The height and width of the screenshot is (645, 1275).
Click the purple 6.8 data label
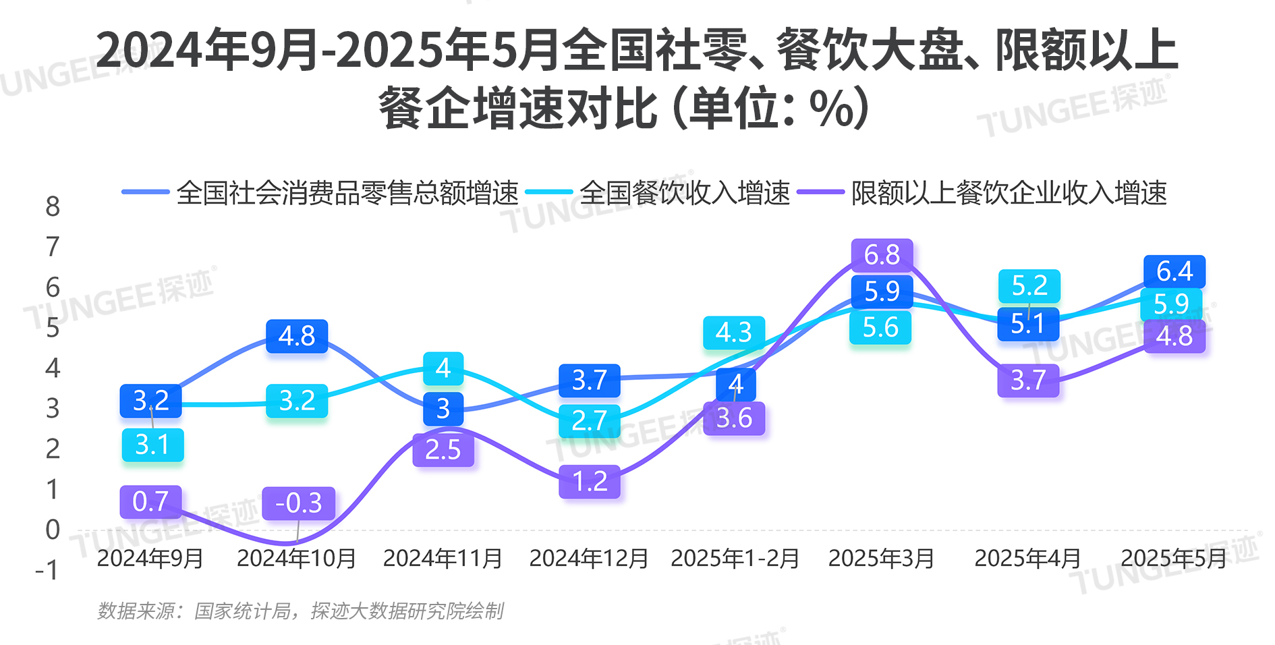coord(882,255)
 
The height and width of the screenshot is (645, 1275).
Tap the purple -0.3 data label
coord(298,503)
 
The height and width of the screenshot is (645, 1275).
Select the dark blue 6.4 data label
coord(1174,272)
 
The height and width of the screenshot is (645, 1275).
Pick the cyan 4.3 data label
coord(734,333)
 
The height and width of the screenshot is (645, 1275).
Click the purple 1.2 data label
coord(590,482)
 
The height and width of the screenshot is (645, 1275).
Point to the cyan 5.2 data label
coord(1029,286)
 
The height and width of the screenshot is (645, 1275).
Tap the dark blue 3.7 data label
coord(590,381)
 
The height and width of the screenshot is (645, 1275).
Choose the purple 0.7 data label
coord(150,502)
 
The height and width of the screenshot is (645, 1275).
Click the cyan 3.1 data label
coord(152,445)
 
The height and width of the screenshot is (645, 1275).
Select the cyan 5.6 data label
coord(880,328)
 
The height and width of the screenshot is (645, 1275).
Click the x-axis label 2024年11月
coord(443,559)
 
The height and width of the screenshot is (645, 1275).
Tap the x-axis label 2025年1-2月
coord(735,559)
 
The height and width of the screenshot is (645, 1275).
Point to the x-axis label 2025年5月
coord(1174,559)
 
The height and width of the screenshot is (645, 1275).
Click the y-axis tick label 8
coord(53,206)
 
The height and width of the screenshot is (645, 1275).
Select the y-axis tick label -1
coord(47,571)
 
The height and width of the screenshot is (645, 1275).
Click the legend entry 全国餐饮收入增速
coord(684,193)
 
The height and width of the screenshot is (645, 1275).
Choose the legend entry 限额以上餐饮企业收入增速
coord(1009,193)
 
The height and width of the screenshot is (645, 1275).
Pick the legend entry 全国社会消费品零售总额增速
coord(347,193)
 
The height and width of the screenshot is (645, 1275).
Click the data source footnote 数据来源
coord(301,611)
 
